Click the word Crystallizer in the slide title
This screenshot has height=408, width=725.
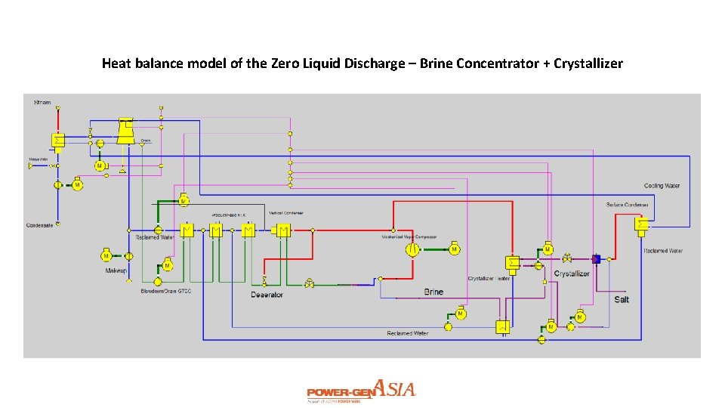coord(588,63)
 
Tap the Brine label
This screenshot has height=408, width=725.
coord(433,292)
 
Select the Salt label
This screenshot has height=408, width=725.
coord(622,299)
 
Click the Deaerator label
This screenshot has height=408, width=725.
coord(267,295)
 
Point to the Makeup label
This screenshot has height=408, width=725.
coord(116,270)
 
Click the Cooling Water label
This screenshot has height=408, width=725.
coord(662,186)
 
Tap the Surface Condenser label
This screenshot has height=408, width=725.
coord(628,205)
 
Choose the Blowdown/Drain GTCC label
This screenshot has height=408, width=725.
coord(166,291)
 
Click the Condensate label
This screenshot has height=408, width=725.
coord(39,225)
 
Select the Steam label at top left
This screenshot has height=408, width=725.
coord(42,101)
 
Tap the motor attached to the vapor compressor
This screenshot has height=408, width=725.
coord(454,249)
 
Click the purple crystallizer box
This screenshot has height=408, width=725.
coord(596,258)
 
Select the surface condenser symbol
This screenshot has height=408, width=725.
coord(642,224)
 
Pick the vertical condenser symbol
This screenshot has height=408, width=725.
coord(284,230)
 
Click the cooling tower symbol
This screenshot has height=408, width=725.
coord(125,131)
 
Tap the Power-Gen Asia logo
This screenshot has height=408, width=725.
coord(361,391)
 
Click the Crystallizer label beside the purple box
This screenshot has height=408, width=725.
coord(572,274)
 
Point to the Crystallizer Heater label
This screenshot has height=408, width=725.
coord(489,279)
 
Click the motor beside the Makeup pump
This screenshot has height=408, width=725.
coord(106,256)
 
